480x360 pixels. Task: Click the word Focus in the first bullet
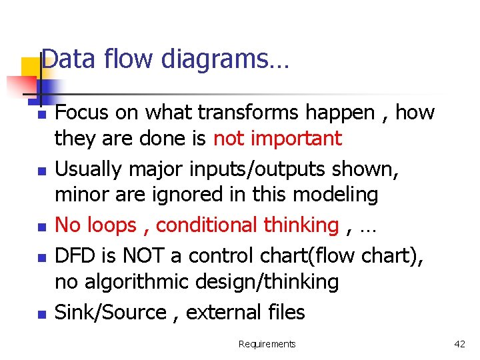coord(82,113)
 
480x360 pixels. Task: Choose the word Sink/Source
coord(111,312)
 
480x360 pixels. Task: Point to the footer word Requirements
coord(267,344)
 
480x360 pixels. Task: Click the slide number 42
coord(459,344)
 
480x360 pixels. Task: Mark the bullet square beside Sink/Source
coord(41,313)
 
